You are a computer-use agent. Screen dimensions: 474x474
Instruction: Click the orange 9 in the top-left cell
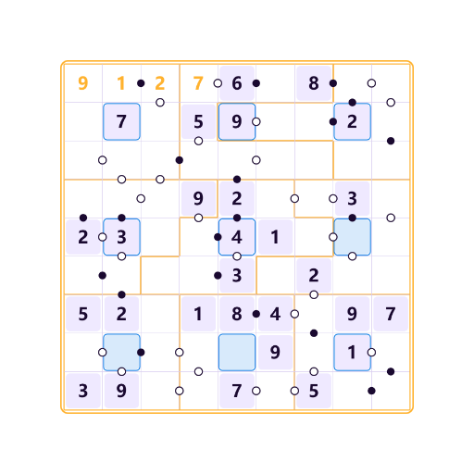pos(83,83)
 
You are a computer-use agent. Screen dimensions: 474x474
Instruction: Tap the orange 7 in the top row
pos(198,83)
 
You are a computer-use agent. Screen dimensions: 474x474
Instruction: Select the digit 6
pos(237,83)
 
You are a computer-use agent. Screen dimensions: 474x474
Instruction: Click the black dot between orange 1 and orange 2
pos(141,83)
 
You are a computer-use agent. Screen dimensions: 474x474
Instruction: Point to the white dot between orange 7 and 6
pos(218,83)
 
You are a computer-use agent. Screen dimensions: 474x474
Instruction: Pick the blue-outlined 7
pos(121,121)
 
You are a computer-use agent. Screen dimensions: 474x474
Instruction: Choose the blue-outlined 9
pos(237,121)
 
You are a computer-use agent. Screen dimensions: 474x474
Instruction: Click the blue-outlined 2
pos(352,121)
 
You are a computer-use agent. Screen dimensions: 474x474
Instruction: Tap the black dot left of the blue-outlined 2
pos(333,121)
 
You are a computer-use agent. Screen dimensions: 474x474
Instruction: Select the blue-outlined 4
pos(237,237)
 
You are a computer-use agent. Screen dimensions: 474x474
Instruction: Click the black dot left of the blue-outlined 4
pos(218,237)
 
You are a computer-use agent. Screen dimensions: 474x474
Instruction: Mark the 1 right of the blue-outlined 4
pos(275,237)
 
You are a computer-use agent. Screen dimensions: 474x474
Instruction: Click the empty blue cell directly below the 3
pos(352,237)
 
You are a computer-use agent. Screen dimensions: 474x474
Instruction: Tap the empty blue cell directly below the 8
pos(237,352)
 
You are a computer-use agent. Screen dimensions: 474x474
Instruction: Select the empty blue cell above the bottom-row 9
pos(121,352)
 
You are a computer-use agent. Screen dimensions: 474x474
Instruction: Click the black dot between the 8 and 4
pos(256,314)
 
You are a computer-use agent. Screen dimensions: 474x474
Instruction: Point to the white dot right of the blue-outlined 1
pos(371,352)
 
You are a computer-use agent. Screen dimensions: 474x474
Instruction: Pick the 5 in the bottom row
pos(314,391)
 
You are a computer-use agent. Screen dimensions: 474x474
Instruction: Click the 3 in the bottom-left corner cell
pos(83,391)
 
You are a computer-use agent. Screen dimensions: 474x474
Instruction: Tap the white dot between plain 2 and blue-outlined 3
pos(103,237)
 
